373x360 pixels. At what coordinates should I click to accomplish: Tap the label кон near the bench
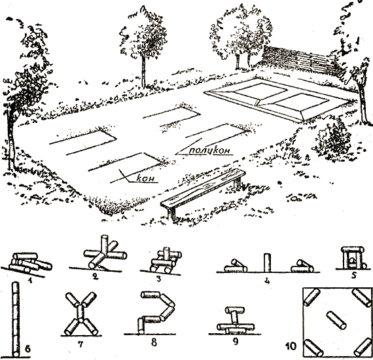tap(146, 178)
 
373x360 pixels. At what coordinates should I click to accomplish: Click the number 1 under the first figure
tap(29, 281)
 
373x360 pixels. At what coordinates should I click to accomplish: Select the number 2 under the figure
tap(96, 276)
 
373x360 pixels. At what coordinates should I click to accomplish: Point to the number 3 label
tap(159, 279)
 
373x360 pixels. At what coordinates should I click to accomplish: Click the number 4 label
tap(267, 281)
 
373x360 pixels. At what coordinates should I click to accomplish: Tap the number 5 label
tap(354, 276)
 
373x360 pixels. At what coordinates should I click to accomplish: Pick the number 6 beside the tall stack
tap(28, 349)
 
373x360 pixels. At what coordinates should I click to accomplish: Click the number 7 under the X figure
tap(81, 344)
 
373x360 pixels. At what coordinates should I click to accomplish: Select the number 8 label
tap(154, 342)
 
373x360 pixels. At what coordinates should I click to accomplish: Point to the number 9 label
tap(236, 342)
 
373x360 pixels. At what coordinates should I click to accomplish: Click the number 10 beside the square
tap(291, 346)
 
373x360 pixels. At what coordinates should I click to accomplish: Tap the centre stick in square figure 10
tap(336, 320)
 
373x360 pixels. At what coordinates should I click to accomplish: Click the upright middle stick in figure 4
tap(268, 262)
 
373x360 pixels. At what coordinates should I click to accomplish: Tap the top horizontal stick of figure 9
tap(235, 310)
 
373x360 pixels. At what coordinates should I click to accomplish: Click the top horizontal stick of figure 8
tap(151, 295)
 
